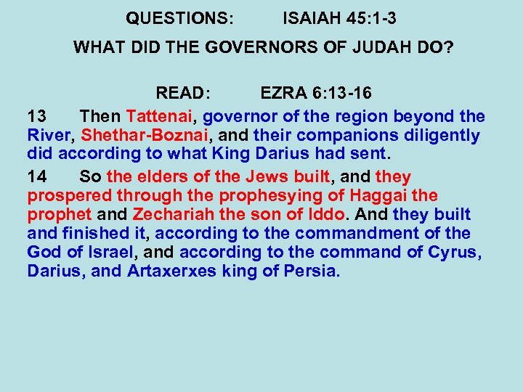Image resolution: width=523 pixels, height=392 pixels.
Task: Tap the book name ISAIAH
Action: coord(312,17)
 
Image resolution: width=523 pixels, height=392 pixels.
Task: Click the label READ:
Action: coord(183,94)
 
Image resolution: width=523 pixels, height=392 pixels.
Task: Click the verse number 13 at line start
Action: coord(37,116)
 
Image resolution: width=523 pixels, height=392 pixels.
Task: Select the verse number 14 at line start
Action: coord(37,176)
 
